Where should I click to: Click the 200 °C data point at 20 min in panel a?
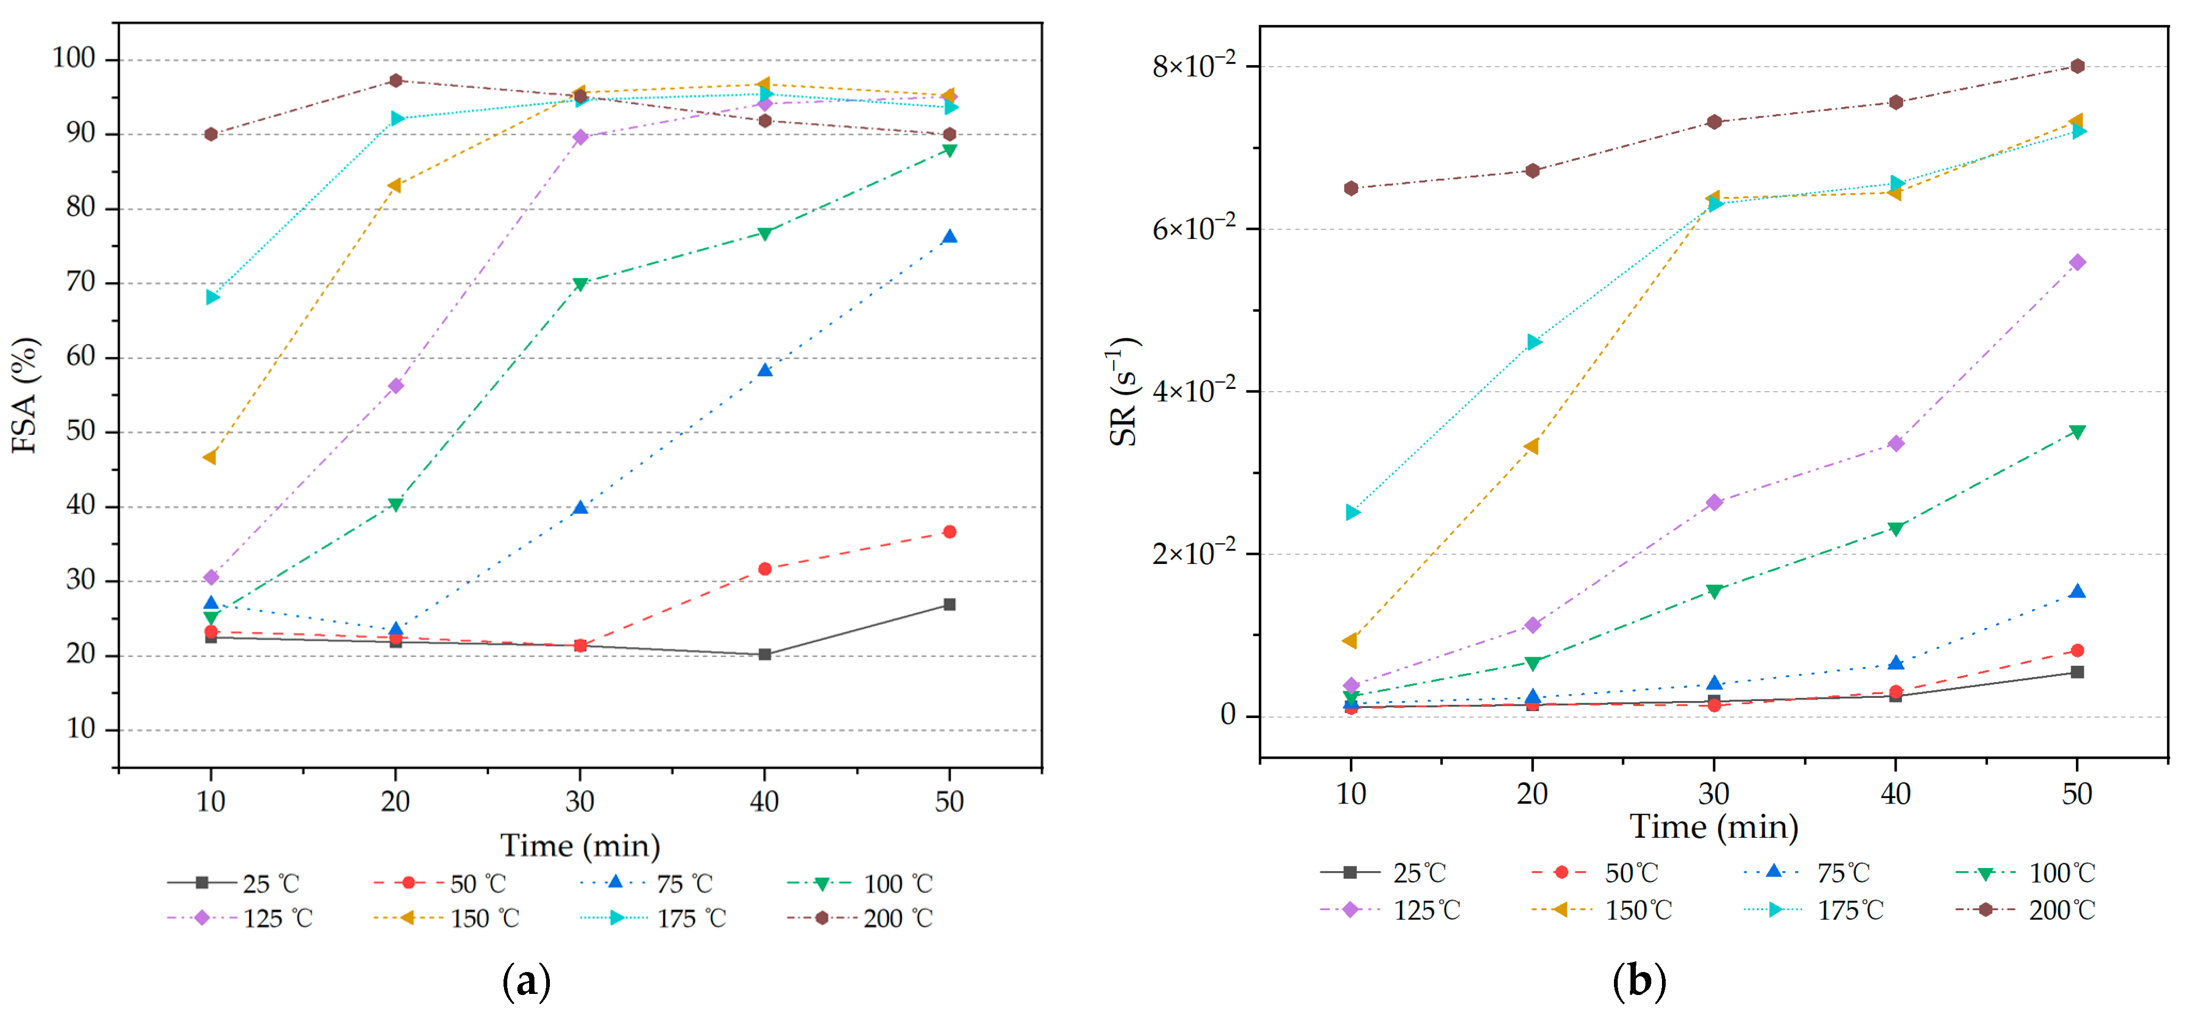click(x=395, y=81)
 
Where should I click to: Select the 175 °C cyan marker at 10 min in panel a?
click(x=212, y=297)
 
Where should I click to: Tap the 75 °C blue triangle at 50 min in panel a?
click(x=949, y=236)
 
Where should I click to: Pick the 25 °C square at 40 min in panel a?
click(x=764, y=654)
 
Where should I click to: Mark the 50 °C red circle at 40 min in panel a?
click(x=764, y=569)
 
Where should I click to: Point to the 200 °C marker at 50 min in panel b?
click(x=2077, y=66)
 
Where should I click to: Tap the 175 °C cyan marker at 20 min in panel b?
click(x=1533, y=342)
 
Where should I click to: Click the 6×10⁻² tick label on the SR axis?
click(x=1194, y=229)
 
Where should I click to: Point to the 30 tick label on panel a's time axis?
click(x=580, y=801)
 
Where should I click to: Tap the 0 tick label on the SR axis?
click(x=1228, y=715)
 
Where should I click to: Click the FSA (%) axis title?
click(x=26, y=395)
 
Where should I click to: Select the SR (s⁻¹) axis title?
click(x=1124, y=391)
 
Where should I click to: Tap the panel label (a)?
click(x=526, y=982)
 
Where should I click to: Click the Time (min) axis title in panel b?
click(x=1713, y=827)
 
